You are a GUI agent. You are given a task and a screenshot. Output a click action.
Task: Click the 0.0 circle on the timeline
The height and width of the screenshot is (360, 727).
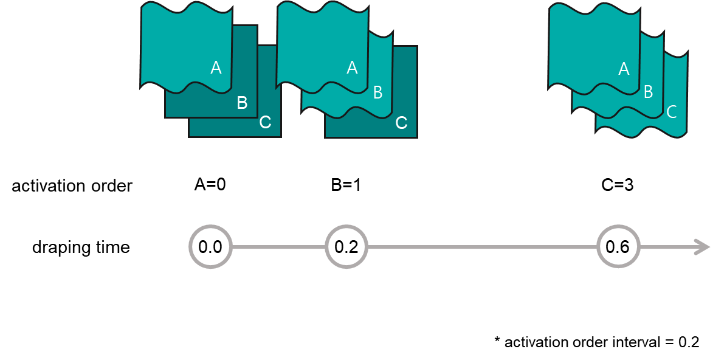pyautogui.click(x=210, y=247)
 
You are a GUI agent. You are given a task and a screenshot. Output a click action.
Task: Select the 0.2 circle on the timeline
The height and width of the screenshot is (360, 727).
pyautogui.click(x=346, y=247)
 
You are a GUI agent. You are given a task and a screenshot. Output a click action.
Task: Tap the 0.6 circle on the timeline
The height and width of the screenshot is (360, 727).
pyautogui.click(x=618, y=247)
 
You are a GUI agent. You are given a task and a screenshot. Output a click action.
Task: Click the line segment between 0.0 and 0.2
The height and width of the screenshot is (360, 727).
pyautogui.click(x=278, y=247)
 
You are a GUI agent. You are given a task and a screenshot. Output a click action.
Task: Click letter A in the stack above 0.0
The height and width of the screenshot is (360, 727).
pyautogui.click(x=216, y=67)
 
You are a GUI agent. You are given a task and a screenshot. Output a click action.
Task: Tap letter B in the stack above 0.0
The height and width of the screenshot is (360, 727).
pyautogui.click(x=242, y=103)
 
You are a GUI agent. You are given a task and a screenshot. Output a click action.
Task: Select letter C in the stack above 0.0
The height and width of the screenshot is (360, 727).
pyautogui.click(x=265, y=122)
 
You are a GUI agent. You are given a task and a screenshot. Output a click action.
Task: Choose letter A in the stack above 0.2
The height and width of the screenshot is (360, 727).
pyautogui.click(x=352, y=67)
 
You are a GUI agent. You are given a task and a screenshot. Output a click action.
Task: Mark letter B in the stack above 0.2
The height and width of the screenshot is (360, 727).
pyautogui.click(x=377, y=92)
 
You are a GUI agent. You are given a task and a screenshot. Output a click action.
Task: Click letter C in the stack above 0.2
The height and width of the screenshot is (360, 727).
pyautogui.click(x=401, y=123)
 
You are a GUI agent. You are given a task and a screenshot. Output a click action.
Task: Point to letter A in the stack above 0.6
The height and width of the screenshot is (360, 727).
pyautogui.click(x=624, y=69)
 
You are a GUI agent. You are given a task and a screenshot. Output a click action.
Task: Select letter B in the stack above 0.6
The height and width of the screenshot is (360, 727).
pyautogui.click(x=648, y=92)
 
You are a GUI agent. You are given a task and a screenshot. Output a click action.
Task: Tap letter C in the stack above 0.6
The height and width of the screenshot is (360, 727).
pyautogui.click(x=672, y=112)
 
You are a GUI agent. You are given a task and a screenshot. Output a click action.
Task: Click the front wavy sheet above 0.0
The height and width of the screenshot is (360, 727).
pyautogui.click(x=182, y=43)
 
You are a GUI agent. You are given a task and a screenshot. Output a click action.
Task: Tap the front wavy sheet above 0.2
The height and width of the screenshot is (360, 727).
pyautogui.click(x=319, y=43)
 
